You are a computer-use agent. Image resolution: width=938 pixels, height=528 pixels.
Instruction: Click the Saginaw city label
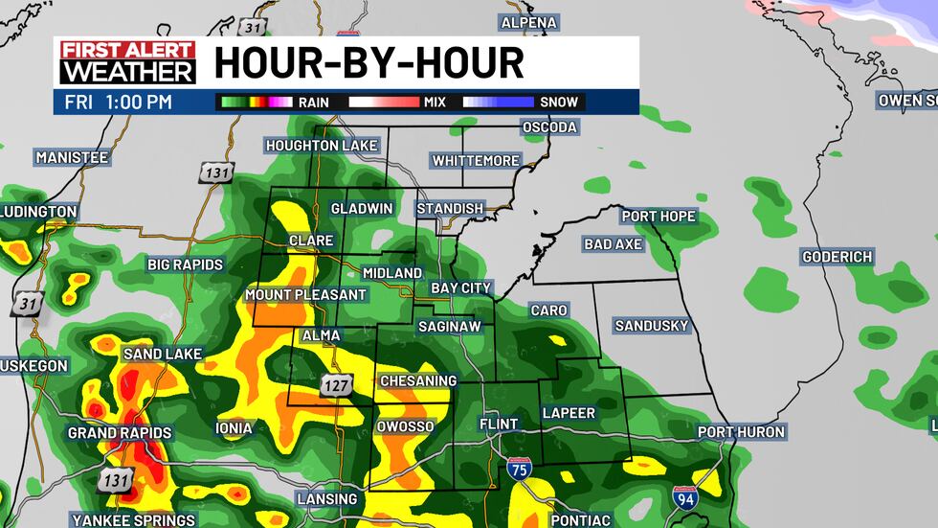click(x=449, y=327)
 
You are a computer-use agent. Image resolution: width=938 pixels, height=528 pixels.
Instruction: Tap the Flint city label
click(x=498, y=424)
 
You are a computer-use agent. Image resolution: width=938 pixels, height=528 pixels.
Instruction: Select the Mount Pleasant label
click(x=305, y=294)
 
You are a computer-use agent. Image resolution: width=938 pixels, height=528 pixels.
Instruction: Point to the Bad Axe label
click(x=613, y=244)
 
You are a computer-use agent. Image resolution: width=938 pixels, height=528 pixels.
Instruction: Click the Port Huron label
click(x=741, y=432)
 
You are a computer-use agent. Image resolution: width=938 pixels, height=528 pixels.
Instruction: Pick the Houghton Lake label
click(x=322, y=146)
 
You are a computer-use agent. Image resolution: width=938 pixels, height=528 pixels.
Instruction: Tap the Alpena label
click(x=528, y=22)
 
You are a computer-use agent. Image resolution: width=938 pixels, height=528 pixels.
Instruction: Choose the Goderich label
click(x=837, y=257)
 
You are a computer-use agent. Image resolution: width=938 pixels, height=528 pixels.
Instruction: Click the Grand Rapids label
click(x=119, y=433)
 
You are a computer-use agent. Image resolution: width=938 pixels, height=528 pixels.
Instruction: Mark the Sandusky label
click(x=651, y=326)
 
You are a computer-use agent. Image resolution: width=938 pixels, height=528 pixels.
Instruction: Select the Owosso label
click(x=406, y=426)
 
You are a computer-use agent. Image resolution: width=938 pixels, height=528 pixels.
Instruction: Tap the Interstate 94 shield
click(x=683, y=496)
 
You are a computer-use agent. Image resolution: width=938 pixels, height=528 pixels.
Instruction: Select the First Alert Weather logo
click(x=127, y=62)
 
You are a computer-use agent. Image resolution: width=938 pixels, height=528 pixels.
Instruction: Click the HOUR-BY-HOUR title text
click(x=368, y=63)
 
